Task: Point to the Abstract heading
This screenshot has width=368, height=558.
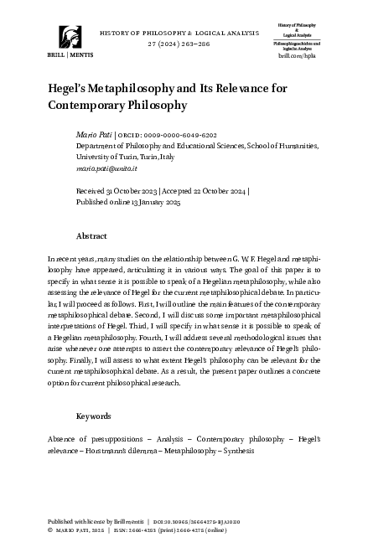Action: [91, 236]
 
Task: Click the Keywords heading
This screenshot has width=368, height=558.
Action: [94, 416]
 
